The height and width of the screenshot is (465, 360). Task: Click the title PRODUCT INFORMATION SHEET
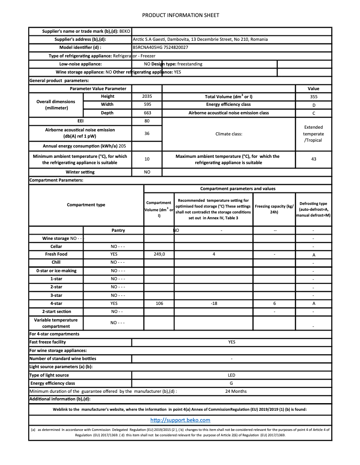coord(180,15)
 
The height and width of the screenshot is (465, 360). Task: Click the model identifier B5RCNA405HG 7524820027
coord(160,48)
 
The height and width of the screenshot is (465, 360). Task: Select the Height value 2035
coord(147,96)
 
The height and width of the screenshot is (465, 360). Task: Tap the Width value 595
coord(147,104)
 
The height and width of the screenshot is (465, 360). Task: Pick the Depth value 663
coord(147,113)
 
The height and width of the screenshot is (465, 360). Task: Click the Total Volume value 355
coord(313,96)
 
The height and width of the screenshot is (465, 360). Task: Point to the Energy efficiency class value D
coord(313,105)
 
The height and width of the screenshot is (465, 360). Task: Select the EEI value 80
coord(147,121)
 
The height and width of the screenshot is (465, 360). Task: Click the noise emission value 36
coord(147,133)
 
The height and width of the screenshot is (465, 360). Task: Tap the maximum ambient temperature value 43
coord(313,159)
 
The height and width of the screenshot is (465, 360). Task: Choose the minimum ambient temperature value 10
coord(147,159)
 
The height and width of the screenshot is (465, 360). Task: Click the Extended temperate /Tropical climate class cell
coord(313,134)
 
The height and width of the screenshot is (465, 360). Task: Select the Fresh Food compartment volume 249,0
coord(159,254)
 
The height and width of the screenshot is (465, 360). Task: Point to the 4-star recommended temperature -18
coord(214,304)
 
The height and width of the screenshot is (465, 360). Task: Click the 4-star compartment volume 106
coord(159,304)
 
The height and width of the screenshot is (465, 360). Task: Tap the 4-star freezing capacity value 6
coord(274,304)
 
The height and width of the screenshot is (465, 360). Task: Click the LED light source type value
coord(232,375)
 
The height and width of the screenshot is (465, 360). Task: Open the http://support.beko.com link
coord(180,420)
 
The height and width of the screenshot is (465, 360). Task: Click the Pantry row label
coord(118,230)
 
